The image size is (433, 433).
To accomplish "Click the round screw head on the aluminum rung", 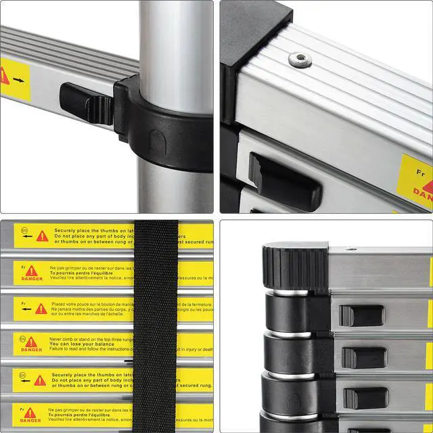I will click(x=300, y=60).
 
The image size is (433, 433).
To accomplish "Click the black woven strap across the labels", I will click(x=156, y=325).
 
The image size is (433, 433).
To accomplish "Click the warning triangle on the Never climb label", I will click(x=31, y=341).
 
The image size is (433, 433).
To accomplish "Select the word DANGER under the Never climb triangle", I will click(x=31, y=350).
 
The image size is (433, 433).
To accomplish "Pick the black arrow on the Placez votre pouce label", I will click(x=26, y=309).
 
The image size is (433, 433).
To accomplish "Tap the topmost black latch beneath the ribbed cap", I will click(x=361, y=315).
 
